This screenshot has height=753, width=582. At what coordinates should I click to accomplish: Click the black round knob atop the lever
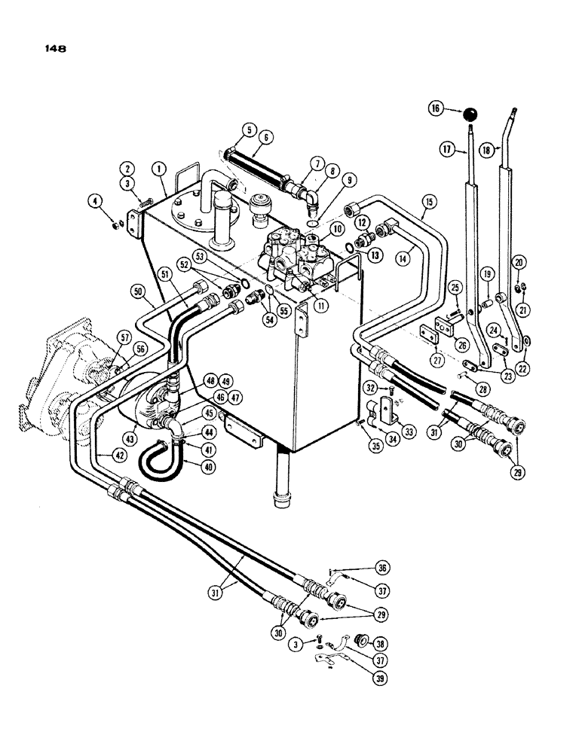(x=471, y=114)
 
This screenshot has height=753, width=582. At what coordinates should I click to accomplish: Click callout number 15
(x=429, y=203)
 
